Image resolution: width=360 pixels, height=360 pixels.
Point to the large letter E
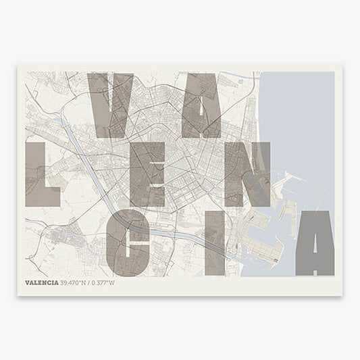147,174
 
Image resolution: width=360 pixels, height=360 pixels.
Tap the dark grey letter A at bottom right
314,243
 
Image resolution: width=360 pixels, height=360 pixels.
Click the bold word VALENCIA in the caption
41,282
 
